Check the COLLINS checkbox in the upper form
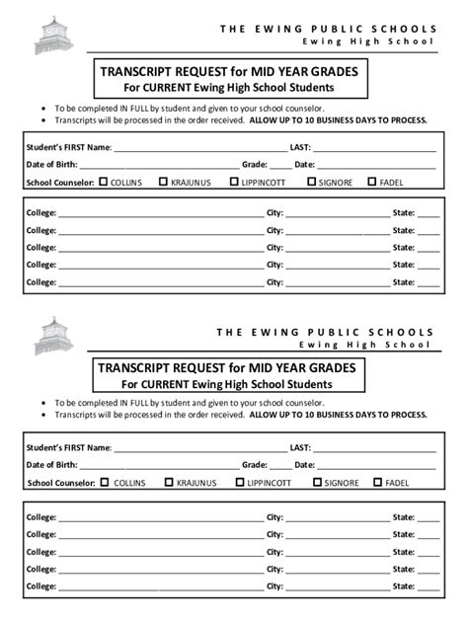[x=104, y=182]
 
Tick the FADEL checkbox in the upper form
[x=371, y=182]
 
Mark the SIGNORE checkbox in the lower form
[x=318, y=483]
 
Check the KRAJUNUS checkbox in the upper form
[x=163, y=182]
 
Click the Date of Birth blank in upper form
[x=158, y=165]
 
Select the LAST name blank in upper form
[x=375, y=147]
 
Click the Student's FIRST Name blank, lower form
[x=197, y=447]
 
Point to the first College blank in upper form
[x=158, y=213]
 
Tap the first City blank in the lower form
[x=337, y=517]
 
